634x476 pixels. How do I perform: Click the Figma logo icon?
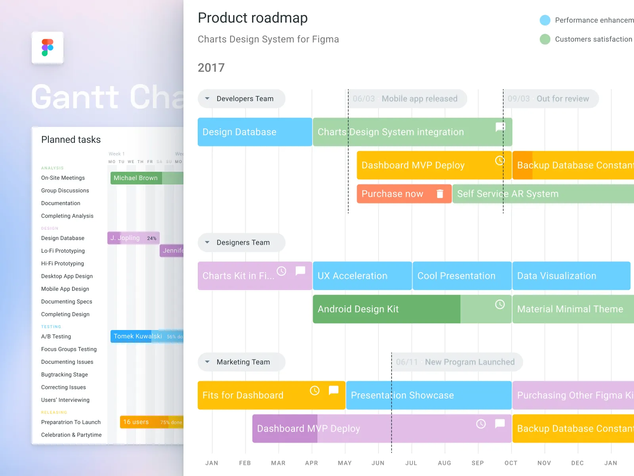(x=48, y=48)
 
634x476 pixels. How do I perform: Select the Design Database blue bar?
(x=254, y=132)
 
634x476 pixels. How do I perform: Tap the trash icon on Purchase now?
(x=440, y=194)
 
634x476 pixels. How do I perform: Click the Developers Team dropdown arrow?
(x=207, y=98)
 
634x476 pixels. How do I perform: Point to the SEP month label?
(x=477, y=463)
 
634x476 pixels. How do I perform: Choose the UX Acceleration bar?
(x=362, y=276)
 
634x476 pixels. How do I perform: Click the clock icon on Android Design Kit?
(x=500, y=304)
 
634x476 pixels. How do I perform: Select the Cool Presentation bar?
(x=462, y=276)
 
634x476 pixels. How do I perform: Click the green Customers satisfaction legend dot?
(x=545, y=39)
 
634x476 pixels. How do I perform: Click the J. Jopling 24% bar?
(x=133, y=238)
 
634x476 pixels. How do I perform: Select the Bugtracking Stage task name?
(x=65, y=374)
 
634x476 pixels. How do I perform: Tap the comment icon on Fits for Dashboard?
(x=334, y=390)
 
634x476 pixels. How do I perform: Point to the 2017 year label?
(x=211, y=68)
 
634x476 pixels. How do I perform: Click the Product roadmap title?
(x=253, y=18)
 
